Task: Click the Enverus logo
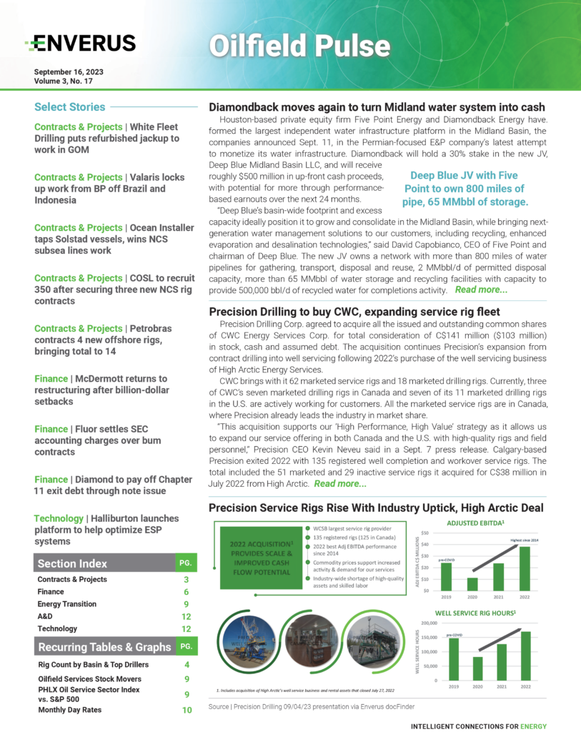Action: tap(79, 44)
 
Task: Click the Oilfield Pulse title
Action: tap(299, 45)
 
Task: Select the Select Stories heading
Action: tap(69, 107)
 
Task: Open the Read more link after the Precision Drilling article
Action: tap(340, 484)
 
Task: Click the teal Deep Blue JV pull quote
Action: tap(467, 189)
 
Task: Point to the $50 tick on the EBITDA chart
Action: tap(424, 533)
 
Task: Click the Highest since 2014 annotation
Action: tap(525, 540)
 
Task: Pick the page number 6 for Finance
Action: tap(186, 592)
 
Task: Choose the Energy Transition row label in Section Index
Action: tap(66, 604)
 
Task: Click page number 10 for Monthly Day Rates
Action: tap(186, 710)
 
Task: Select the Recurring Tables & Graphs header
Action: tap(104, 647)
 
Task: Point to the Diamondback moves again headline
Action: tap(377, 107)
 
